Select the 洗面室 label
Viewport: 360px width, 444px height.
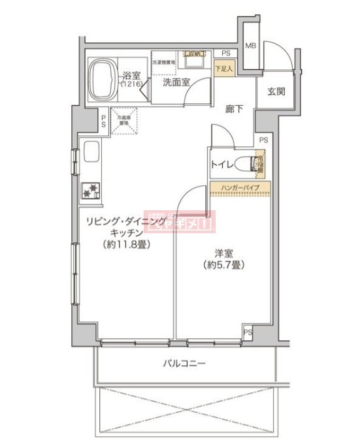click(x=176, y=83)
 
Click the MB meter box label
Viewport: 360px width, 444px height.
click(x=250, y=46)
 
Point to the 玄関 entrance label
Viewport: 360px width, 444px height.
click(x=276, y=91)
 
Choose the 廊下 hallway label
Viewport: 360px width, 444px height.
click(x=235, y=109)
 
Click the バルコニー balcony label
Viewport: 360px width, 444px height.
click(x=184, y=364)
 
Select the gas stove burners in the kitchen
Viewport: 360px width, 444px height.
click(x=91, y=190)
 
